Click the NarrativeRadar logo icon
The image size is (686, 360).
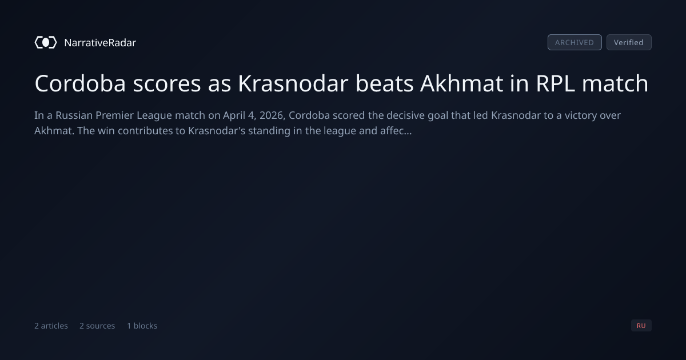(46, 42)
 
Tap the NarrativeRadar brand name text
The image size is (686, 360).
(100, 43)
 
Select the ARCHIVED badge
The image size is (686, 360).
(575, 42)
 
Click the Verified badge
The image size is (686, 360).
(629, 42)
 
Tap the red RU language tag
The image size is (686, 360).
(641, 325)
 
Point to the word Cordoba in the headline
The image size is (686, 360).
(80, 83)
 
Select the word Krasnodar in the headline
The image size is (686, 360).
(293, 83)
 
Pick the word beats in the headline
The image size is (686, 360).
(384, 83)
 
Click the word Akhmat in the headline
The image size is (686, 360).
(461, 83)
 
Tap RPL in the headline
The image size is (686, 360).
(555, 83)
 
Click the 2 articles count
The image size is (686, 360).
(51, 326)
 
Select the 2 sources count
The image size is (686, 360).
(97, 326)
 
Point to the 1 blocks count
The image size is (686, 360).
(142, 326)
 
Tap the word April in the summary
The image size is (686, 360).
(234, 116)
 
